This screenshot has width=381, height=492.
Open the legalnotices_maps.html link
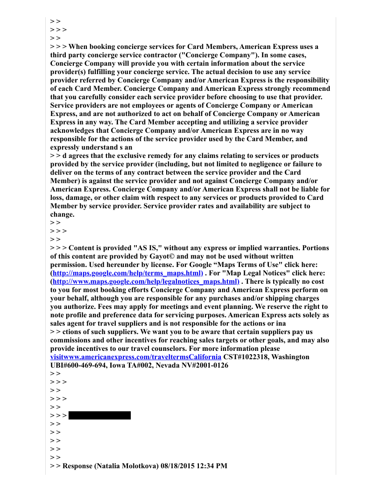point(146,281)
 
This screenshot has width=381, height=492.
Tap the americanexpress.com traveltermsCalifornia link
point(136,357)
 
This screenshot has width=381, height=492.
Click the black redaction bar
point(99,415)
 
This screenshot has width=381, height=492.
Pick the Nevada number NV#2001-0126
point(198,365)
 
